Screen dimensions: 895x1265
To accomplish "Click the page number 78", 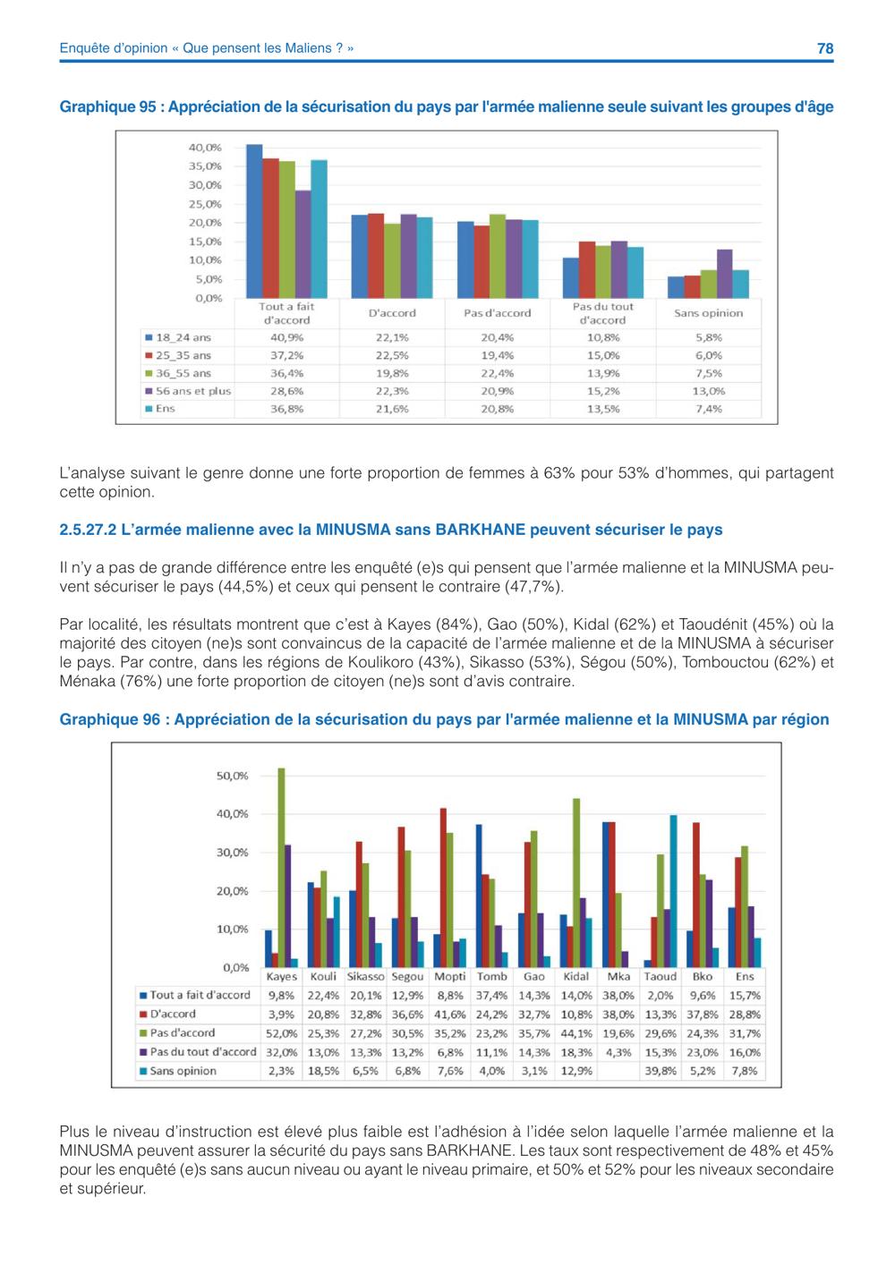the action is pyautogui.click(x=825, y=48).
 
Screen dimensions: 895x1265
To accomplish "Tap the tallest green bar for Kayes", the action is pyautogui.click(x=281, y=868).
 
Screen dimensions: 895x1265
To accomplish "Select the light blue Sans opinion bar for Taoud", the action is pyautogui.click(x=674, y=891).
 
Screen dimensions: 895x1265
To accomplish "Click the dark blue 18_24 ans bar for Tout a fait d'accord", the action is pyautogui.click(x=254, y=221).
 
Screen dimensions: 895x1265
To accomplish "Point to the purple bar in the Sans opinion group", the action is pyautogui.click(x=725, y=274).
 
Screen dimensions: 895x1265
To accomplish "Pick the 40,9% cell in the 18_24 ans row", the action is pyautogui.click(x=286, y=337).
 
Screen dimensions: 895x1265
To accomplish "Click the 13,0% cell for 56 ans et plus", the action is pyautogui.click(x=709, y=391).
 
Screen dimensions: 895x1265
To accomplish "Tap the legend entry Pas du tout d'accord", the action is pyautogui.click(x=198, y=1052).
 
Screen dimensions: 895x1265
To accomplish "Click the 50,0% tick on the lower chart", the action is pyautogui.click(x=232, y=776).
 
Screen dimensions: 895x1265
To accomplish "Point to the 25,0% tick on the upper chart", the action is pyautogui.click(x=205, y=204).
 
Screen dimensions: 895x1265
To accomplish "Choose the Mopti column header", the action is pyautogui.click(x=450, y=976).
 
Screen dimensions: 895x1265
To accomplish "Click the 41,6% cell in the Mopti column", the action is pyautogui.click(x=450, y=1015).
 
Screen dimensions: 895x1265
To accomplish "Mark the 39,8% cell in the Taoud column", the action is pyautogui.click(x=661, y=1071).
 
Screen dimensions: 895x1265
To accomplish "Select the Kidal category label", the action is pyautogui.click(x=575, y=976).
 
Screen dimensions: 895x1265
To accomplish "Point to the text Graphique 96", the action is pyautogui.click(x=109, y=719).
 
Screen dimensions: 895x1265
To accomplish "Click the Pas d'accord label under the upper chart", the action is pyautogui.click(x=498, y=313).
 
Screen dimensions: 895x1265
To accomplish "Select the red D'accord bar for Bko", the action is pyautogui.click(x=696, y=896).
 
